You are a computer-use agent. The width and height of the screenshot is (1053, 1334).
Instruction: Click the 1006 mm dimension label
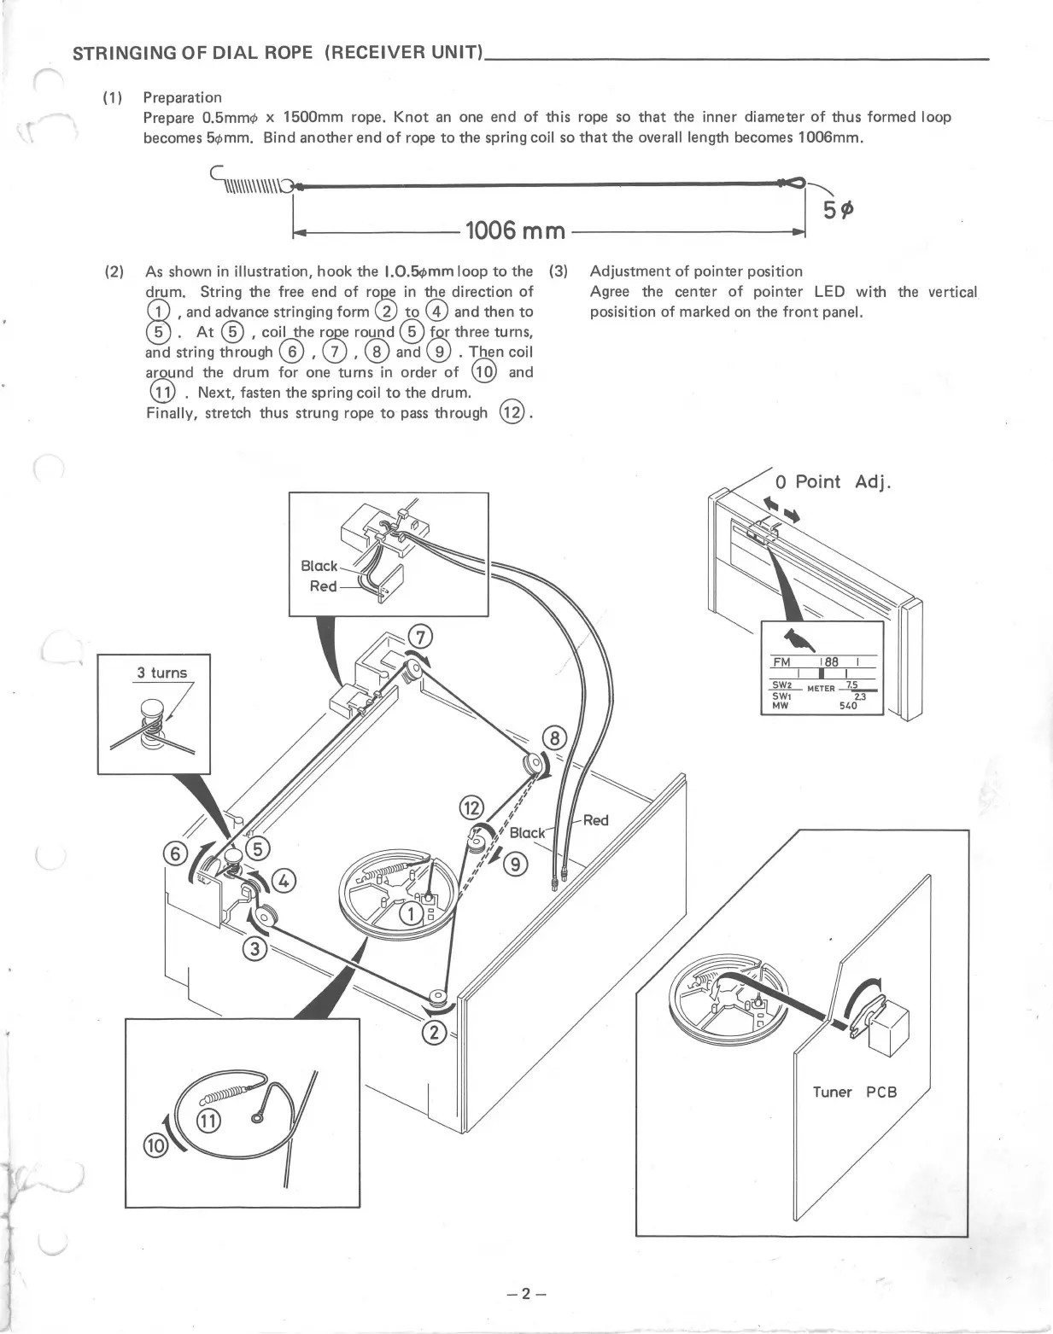515,230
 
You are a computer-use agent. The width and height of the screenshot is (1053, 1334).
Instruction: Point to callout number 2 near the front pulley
434,1034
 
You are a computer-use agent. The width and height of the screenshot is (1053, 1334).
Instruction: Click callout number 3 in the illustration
255,948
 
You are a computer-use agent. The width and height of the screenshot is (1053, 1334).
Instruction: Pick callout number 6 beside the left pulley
176,854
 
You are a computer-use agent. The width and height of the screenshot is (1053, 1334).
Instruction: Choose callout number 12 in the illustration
471,807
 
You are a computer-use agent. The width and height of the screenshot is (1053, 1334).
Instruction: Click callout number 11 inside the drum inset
208,1120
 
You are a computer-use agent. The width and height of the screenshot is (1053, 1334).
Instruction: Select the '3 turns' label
161,673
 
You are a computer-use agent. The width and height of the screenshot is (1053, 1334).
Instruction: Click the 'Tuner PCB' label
854,1092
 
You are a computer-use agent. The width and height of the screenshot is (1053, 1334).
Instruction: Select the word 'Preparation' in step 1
182,97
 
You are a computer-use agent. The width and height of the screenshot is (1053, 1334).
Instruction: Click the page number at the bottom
525,1293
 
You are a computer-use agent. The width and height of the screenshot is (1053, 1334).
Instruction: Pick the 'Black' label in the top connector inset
319,566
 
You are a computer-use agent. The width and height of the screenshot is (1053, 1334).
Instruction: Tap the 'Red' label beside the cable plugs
595,820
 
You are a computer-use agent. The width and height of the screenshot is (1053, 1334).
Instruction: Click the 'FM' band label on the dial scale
781,662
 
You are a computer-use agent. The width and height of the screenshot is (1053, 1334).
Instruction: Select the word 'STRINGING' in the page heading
116,54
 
